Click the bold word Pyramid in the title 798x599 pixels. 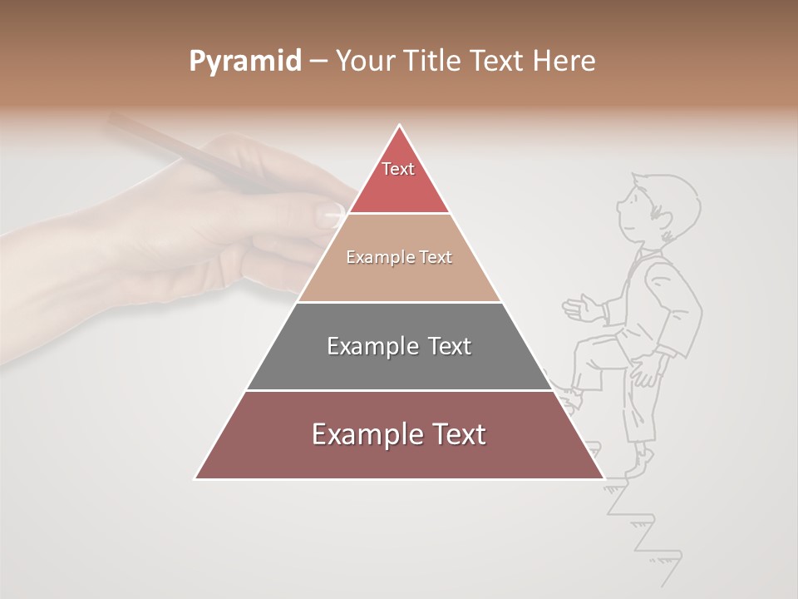(x=244, y=62)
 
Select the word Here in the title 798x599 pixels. (x=564, y=62)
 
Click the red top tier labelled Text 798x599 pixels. (x=399, y=179)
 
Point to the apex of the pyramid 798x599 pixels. (x=400, y=126)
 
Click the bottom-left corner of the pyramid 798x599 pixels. (x=197, y=478)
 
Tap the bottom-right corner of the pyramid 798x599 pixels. (x=602, y=478)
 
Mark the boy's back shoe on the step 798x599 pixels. (x=638, y=463)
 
